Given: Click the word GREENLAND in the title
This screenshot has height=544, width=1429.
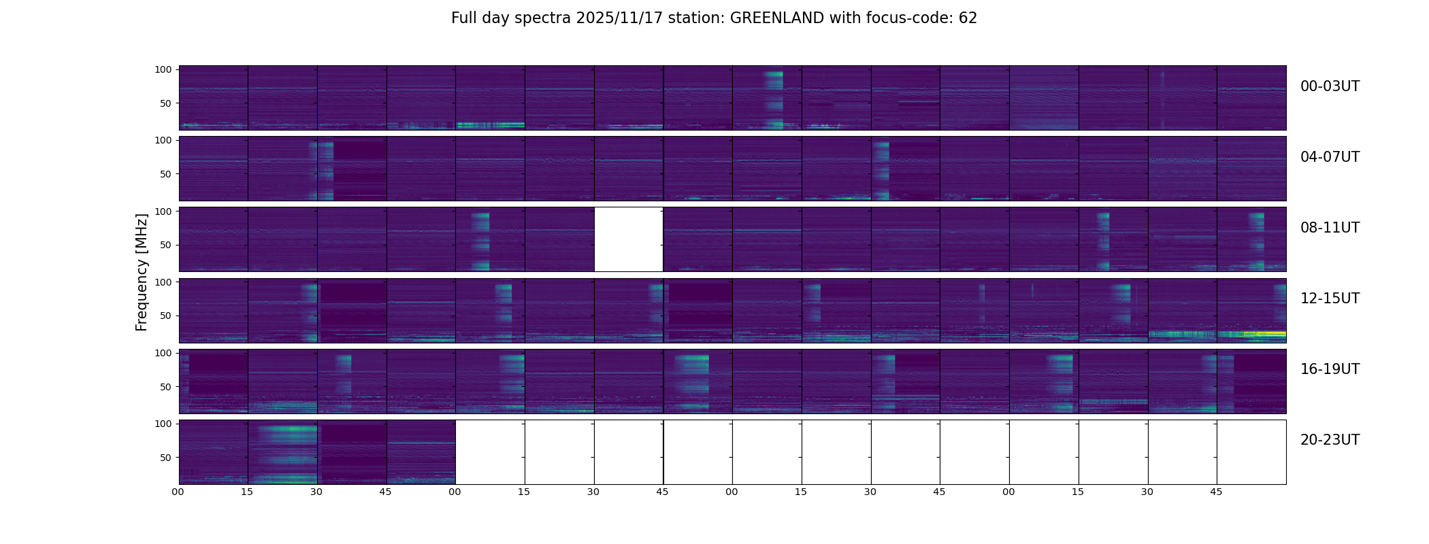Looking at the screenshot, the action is [x=777, y=18].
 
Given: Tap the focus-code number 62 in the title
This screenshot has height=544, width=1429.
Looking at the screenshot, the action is [x=968, y=18].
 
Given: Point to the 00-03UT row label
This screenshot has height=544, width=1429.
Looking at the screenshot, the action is [x=1330, y=86].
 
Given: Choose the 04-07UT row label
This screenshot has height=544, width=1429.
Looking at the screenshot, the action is [x=1330, y=157].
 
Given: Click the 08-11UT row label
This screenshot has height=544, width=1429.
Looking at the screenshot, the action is [x=1330, y=228].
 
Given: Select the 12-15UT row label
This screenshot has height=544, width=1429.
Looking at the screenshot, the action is [x=1330, y=299].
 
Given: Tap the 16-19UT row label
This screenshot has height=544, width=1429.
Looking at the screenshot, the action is [x=1330, y=369].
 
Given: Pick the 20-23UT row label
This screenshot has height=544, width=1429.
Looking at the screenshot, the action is [x=1330, y=440].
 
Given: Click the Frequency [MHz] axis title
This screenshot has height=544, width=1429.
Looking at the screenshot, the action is [x=142, y=272].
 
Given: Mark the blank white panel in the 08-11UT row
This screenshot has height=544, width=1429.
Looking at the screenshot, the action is [x=629, y=239].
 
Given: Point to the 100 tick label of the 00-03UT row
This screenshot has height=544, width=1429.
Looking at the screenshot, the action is [x=163, y=69].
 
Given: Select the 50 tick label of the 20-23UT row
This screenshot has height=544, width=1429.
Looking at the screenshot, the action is [x=165, y=458].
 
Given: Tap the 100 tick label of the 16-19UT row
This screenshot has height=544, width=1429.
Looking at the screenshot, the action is [x=163, y=353].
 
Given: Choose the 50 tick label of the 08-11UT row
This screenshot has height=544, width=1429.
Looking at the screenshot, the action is [x=165, y=245].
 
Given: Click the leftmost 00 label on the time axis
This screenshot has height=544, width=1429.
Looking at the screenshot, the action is [x=178, y=492].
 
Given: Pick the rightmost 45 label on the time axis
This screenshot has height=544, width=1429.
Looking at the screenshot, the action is [x=1216, y=492].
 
